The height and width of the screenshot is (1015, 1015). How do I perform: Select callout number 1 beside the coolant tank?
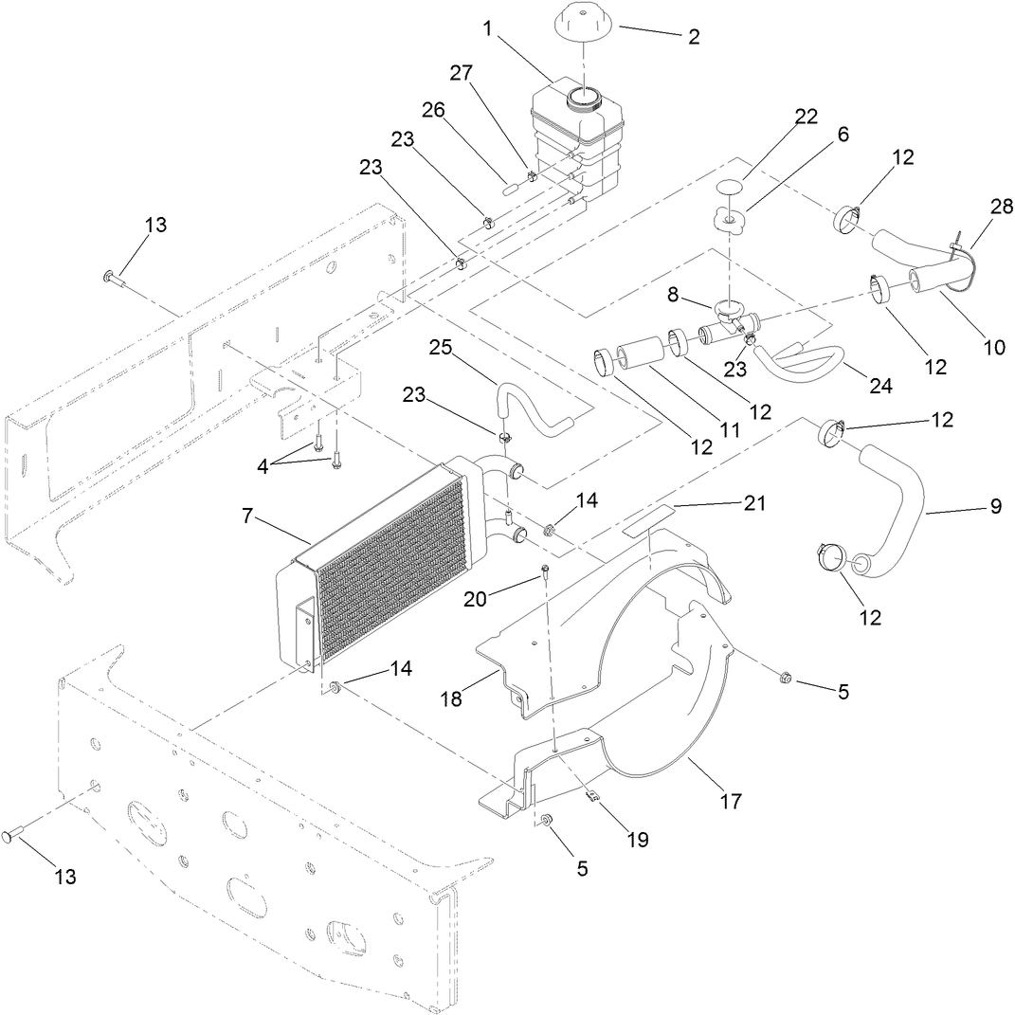pos(487,28)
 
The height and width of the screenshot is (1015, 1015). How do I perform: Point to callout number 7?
pos(247,517)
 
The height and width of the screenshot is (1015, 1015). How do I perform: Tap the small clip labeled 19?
pos(591,797)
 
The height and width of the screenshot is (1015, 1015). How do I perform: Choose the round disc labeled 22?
pos(727,188)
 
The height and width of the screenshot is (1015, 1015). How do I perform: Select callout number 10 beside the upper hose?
pos(993,347)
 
